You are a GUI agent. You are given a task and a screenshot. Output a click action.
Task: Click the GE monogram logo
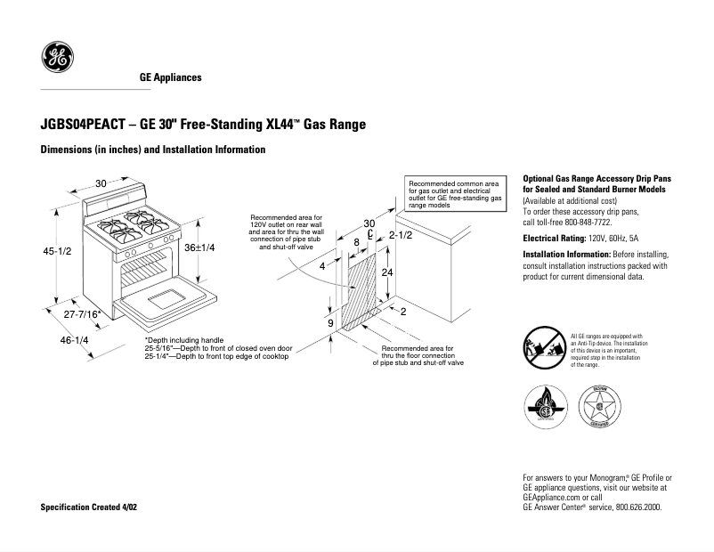pos(58,60)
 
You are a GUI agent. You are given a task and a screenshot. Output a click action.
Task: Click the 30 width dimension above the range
pos(101,183)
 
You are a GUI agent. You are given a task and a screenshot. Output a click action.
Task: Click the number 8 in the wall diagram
pos(356,241)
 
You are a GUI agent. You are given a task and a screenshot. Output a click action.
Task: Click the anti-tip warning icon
pos(542,347)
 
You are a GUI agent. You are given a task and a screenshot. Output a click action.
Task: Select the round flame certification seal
pos(542,407)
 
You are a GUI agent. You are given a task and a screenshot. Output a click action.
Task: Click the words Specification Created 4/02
pos(90,507)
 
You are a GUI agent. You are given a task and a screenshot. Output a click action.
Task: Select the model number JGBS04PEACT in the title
pos(82,126)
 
